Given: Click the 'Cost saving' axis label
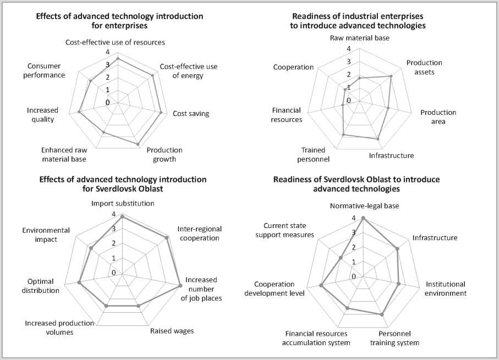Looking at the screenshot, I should tap(190, 114).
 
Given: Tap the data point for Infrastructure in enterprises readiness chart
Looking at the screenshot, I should tap(379, 139).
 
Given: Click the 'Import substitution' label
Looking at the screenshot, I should tap(122, 203).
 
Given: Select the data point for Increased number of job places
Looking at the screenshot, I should tap(180, 286).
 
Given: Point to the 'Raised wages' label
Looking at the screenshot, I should tap(172, 331).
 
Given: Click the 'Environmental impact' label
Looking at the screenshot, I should tap(46, 234).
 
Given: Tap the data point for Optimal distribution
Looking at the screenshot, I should tap(79, 283).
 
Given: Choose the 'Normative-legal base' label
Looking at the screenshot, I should tap(364, 206).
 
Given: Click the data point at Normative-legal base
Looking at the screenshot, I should tap(364, 218).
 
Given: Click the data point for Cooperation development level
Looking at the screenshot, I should tap(321, 285).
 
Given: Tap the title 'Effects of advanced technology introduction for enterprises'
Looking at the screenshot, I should tap(119, 20).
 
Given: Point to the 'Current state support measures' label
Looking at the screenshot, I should tap(289, 230).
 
